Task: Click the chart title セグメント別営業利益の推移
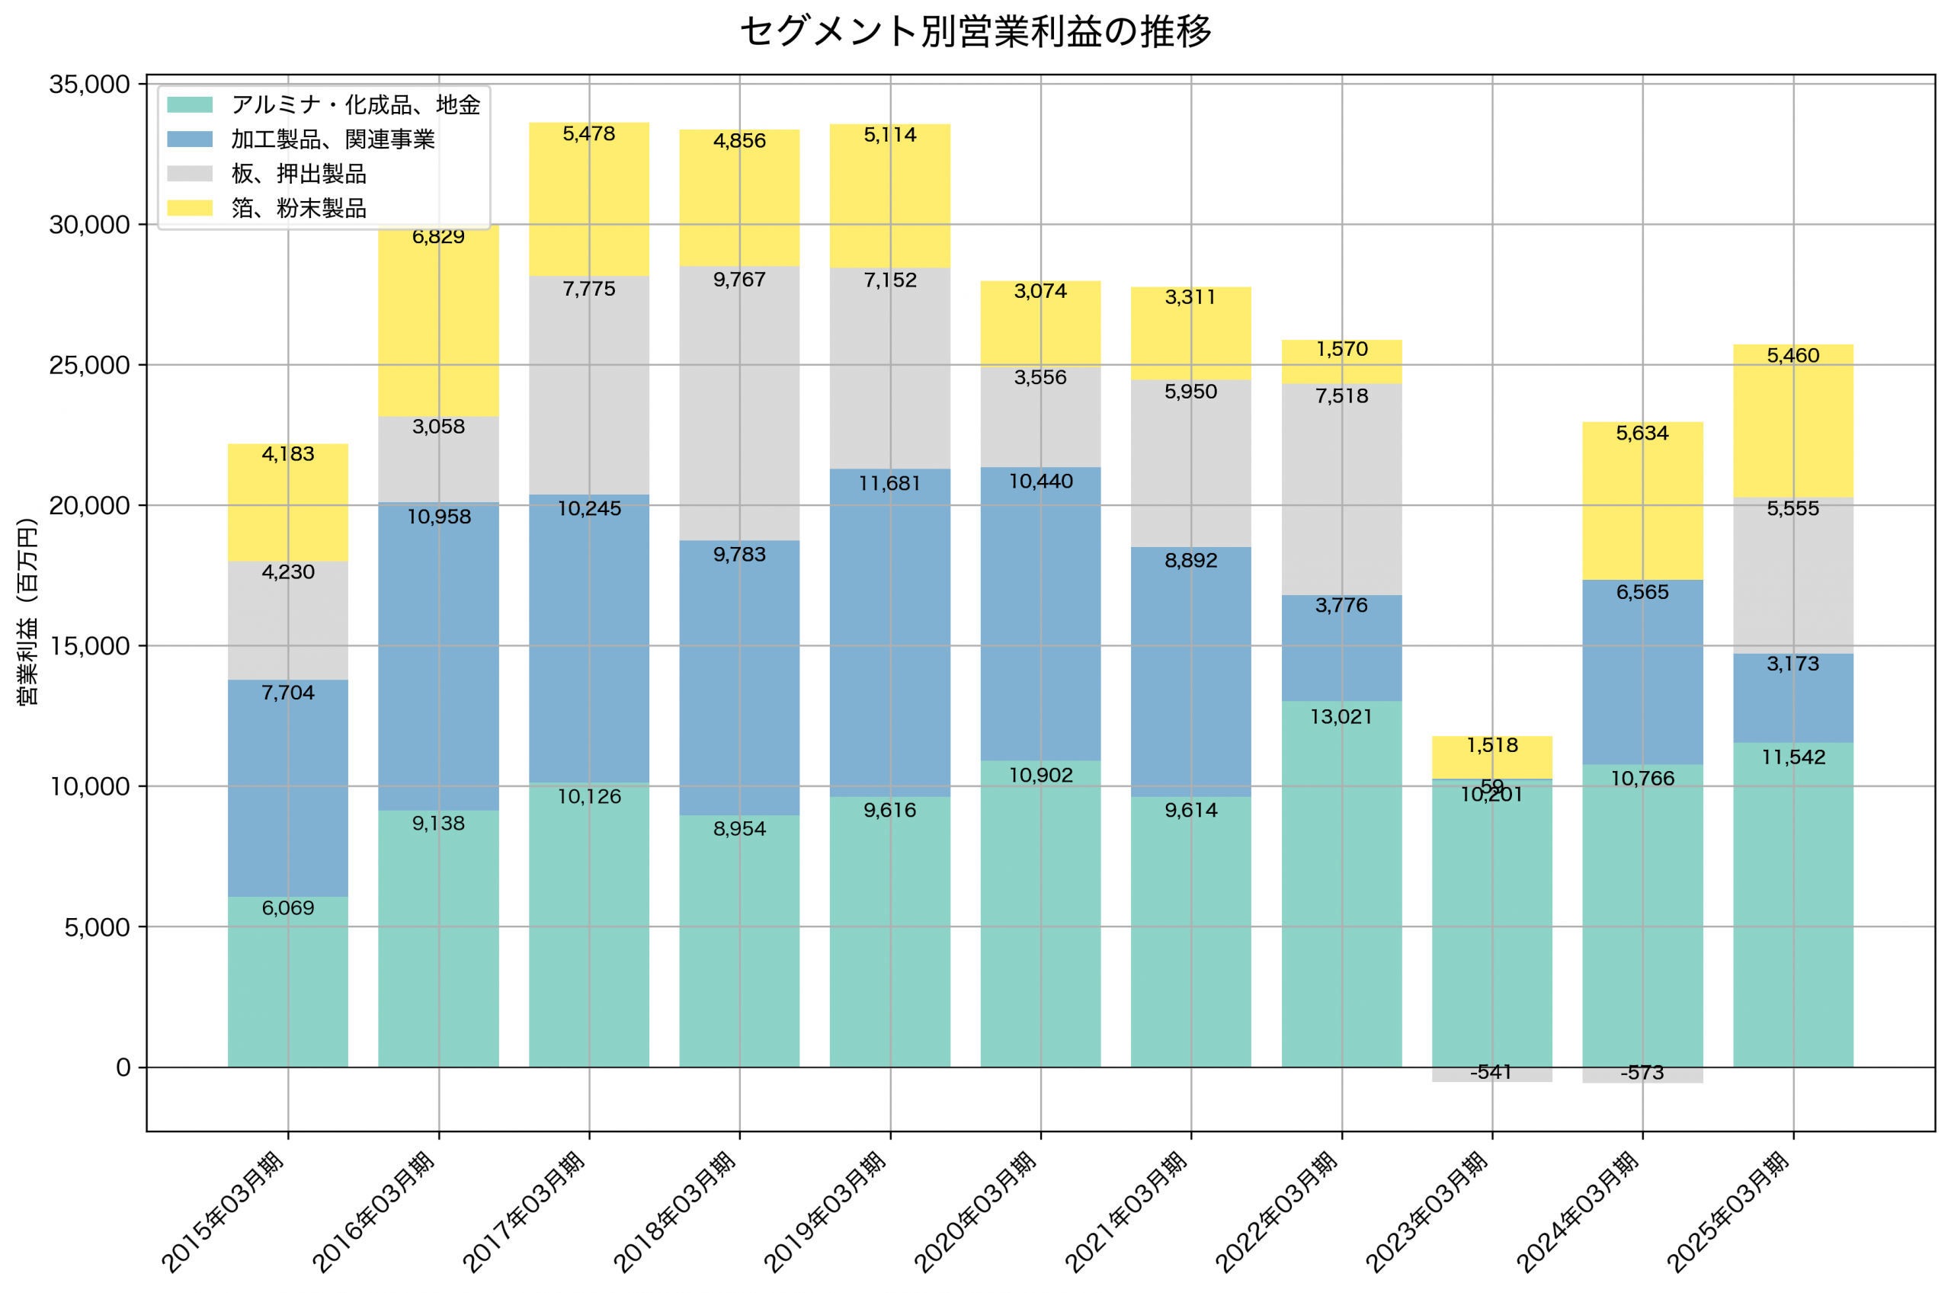(975, 31)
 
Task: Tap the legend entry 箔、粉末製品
(299, 208)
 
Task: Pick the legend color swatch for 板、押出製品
(190, 173)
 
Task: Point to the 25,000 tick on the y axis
(89, 365)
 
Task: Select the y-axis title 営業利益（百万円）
(27, 611)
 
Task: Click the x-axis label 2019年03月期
(824, 1212)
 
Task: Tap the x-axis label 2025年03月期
(1727, 1212)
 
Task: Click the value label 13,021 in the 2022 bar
(1341, 716)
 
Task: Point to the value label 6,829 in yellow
(438, 237)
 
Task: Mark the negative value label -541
(1491, 1072)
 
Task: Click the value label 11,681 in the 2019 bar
(889, 483)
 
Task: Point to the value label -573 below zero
(1642, 1073)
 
